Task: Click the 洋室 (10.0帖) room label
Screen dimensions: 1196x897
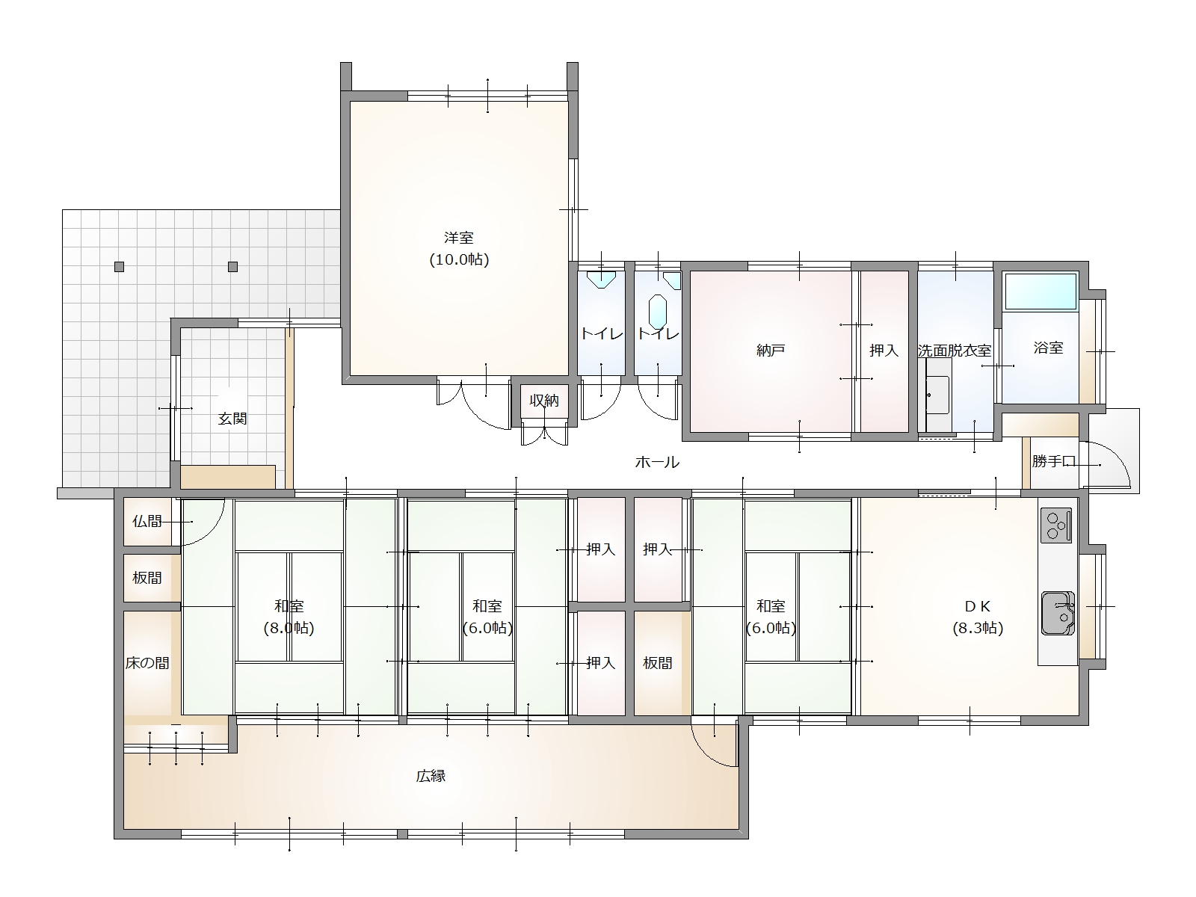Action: point(459,248)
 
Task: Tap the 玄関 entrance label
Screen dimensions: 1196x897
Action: point(232,419)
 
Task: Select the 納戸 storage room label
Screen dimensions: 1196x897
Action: point(771,350)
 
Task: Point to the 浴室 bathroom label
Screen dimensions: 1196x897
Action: point(1048,348)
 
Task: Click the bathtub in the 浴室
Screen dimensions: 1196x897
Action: point(1041,292)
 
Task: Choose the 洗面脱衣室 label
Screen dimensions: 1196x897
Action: point(955,350)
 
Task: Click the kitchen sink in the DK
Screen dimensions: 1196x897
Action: point(1058,613)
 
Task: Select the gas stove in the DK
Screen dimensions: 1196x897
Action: point(1056,525)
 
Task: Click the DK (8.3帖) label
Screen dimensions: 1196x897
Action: point(978,617)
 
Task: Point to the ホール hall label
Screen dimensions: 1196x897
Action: point(657,463)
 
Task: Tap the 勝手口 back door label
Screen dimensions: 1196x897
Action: point(1054,461)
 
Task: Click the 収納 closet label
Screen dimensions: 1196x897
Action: point(544,401)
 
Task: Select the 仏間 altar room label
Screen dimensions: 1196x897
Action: point(147,521)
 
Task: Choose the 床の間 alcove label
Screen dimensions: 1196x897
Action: point(147,663)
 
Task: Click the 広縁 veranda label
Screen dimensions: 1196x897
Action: point(431,776)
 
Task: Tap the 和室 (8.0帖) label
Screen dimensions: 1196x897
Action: point(289,617)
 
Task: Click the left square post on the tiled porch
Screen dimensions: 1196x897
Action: point(120,267)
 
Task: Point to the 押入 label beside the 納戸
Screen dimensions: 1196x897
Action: point(884,350)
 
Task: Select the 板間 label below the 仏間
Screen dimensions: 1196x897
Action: point(147,577)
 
